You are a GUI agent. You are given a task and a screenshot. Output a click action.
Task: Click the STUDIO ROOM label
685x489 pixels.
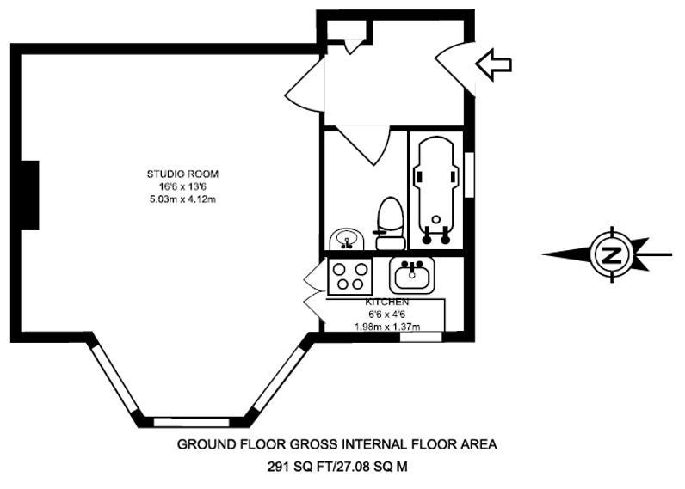point(182,174)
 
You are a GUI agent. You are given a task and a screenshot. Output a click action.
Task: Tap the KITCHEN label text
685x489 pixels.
point(387,302)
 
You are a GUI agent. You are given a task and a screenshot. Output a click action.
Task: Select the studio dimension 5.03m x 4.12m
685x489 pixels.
point(182,199)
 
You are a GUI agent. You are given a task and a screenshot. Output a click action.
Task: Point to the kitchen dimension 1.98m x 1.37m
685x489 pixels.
point(387,327)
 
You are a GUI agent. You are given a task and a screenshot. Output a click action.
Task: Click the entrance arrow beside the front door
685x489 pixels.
point(494,64)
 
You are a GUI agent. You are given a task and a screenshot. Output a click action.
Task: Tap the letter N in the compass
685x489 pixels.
point(612,254)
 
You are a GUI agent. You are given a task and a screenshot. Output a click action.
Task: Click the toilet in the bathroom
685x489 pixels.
point(390,223)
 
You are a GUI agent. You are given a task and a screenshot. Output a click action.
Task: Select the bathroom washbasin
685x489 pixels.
point(347,240)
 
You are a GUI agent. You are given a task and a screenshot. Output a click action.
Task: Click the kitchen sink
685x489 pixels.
point(412,276)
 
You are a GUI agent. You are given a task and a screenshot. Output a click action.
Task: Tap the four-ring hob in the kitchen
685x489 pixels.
point(350,276)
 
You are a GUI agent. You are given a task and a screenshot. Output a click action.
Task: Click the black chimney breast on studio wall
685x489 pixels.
point(30,195)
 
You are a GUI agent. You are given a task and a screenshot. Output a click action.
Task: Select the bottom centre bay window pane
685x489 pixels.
point(191,422)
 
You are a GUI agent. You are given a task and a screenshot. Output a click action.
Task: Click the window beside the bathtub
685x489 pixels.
point(469,174)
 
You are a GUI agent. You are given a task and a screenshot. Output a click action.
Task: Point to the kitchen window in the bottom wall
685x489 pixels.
point(421,337)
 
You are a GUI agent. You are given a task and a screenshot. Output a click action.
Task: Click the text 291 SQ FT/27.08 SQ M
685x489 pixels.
point(337,468)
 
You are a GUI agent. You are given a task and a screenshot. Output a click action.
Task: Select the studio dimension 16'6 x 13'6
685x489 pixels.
point(182,186)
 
